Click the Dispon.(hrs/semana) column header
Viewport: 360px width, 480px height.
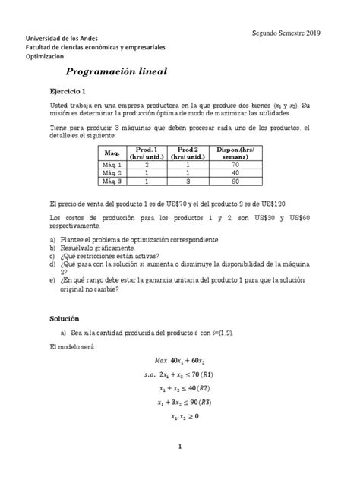point(236,153)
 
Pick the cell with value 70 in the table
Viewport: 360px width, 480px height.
point(236,165)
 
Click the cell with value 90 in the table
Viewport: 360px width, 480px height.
point(236,182)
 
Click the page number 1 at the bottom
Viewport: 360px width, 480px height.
point(180,469)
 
